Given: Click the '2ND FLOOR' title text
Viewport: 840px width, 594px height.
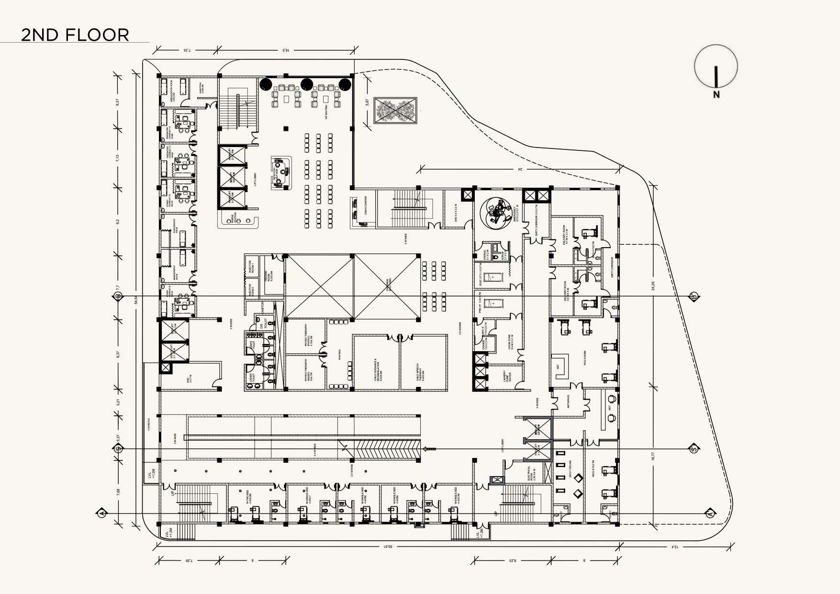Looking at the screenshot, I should [75, 35].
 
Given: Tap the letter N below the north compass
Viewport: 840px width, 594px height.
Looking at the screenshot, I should [716, 95].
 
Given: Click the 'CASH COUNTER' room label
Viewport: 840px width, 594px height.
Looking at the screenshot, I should [366, 206].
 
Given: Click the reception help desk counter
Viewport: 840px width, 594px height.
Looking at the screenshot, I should [281, 172].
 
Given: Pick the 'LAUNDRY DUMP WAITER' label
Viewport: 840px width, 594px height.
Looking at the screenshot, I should [507, 376].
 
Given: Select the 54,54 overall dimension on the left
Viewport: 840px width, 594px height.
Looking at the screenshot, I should [136, 300].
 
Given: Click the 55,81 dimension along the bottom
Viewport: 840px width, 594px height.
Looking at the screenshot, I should [387, 546].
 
